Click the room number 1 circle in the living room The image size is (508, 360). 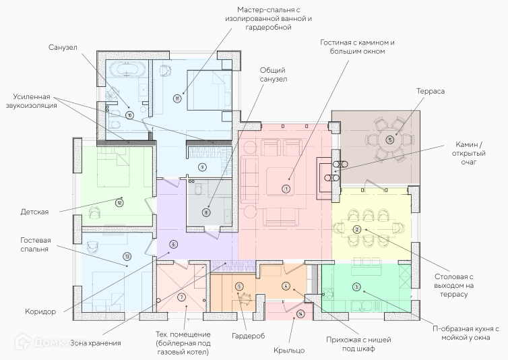(286, 189)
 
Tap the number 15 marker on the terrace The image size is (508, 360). (389, 140)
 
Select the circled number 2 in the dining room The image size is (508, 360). (356, 229)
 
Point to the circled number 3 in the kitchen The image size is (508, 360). (356, 288)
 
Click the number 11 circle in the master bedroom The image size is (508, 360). (177, 98)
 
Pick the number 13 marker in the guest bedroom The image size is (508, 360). (126, 257)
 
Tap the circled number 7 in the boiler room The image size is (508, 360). (181, 297)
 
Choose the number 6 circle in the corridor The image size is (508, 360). (173, 245)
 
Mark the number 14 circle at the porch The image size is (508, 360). (300, 313)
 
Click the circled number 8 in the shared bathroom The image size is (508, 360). (206, 212)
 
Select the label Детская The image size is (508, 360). (34, 212)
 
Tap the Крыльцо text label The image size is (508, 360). (289, 350)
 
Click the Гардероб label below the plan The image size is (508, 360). (248, 335)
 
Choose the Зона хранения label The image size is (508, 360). (96, 342)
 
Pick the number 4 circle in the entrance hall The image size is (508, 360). (286, 287)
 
